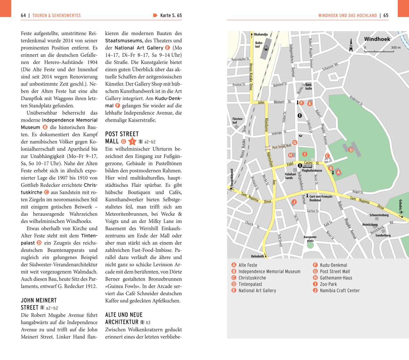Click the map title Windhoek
click(x=377, y=39)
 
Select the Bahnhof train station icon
click(x=266, y=48)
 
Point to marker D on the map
click(x=351, y=150)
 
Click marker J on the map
click(x=294, y=202)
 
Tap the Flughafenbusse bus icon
click(x=307, y=166)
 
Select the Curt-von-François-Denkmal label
click(x=321, y=198)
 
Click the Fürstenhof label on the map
click(x=237, y=121)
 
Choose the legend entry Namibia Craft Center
click(x=340, y=291)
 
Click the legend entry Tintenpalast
click(x=250, y=284)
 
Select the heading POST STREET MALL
click(x=122, y=137)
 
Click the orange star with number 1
click(x=132, y=141)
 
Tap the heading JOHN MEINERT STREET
click(x=39, y=304)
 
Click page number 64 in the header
click(x=23, y=15)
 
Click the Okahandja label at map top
click(x=261, y=35)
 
